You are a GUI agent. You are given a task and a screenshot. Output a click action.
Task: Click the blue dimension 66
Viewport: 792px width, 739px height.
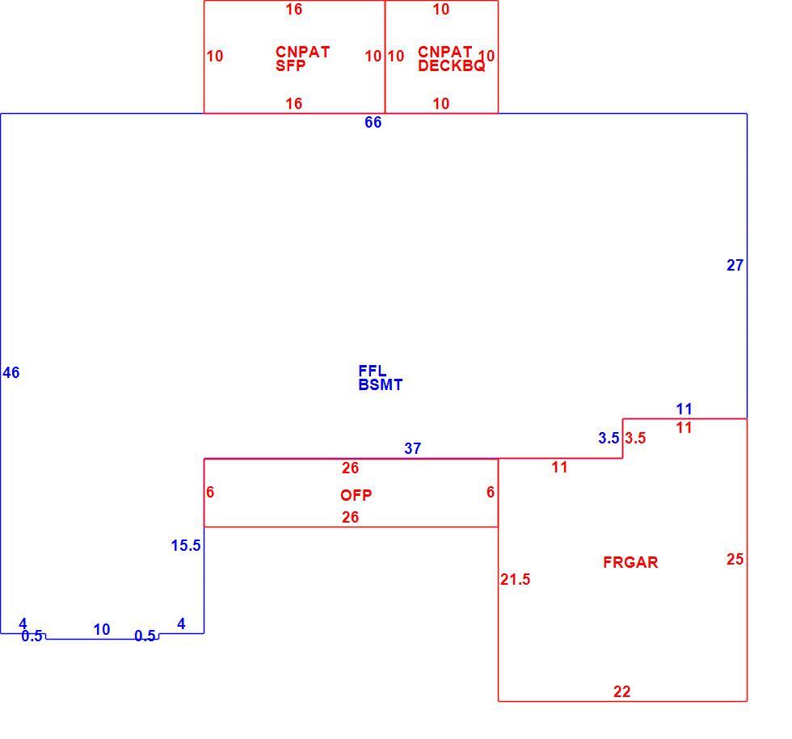[x=373, y=122]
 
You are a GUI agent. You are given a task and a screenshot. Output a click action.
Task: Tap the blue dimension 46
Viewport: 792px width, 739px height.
[x=11, y=372]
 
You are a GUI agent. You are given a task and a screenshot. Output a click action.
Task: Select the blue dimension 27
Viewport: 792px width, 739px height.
[x=735, y=265]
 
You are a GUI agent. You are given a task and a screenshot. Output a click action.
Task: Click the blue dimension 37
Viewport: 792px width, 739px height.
[x=413, y=448]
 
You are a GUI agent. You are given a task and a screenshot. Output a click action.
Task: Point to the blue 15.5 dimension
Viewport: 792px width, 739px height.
[x=186, y=545]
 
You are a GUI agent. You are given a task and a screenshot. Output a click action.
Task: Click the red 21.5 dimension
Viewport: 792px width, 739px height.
[x=516, y=579]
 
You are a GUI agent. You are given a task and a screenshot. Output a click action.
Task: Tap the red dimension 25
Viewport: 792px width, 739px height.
[x=735, y=559]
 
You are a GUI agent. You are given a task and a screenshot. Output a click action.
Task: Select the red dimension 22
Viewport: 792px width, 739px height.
[x=621, y=691]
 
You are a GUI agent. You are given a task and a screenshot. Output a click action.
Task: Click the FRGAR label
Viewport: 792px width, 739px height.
[x=630, y=562]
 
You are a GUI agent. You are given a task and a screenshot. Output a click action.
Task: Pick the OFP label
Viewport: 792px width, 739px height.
[x=356, y=495]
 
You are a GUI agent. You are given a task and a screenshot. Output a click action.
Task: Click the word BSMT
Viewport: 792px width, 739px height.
[x=381, y=385]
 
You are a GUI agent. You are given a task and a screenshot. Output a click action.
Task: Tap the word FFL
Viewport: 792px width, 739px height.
[x=373, y=371]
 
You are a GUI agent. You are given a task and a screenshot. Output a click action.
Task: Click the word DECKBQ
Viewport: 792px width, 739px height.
[x=452, y=66]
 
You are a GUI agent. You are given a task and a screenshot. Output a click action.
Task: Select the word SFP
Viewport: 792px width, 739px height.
[x=290, y=66]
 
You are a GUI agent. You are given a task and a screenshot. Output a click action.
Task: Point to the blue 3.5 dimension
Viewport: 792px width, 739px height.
[x=609, y=438]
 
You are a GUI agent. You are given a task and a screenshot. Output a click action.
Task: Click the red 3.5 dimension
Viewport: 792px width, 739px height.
[x=635, y=438]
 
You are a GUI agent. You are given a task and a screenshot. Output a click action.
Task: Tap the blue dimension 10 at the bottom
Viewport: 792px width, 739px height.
[x=102, y=629]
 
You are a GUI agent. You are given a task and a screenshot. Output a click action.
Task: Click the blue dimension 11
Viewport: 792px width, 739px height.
[x=684, y=409]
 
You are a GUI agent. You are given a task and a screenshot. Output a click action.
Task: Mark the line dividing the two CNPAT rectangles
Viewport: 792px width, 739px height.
[x=385, y=57]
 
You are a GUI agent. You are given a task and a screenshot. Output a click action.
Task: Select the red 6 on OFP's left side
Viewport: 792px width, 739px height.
[x=210, y=492]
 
